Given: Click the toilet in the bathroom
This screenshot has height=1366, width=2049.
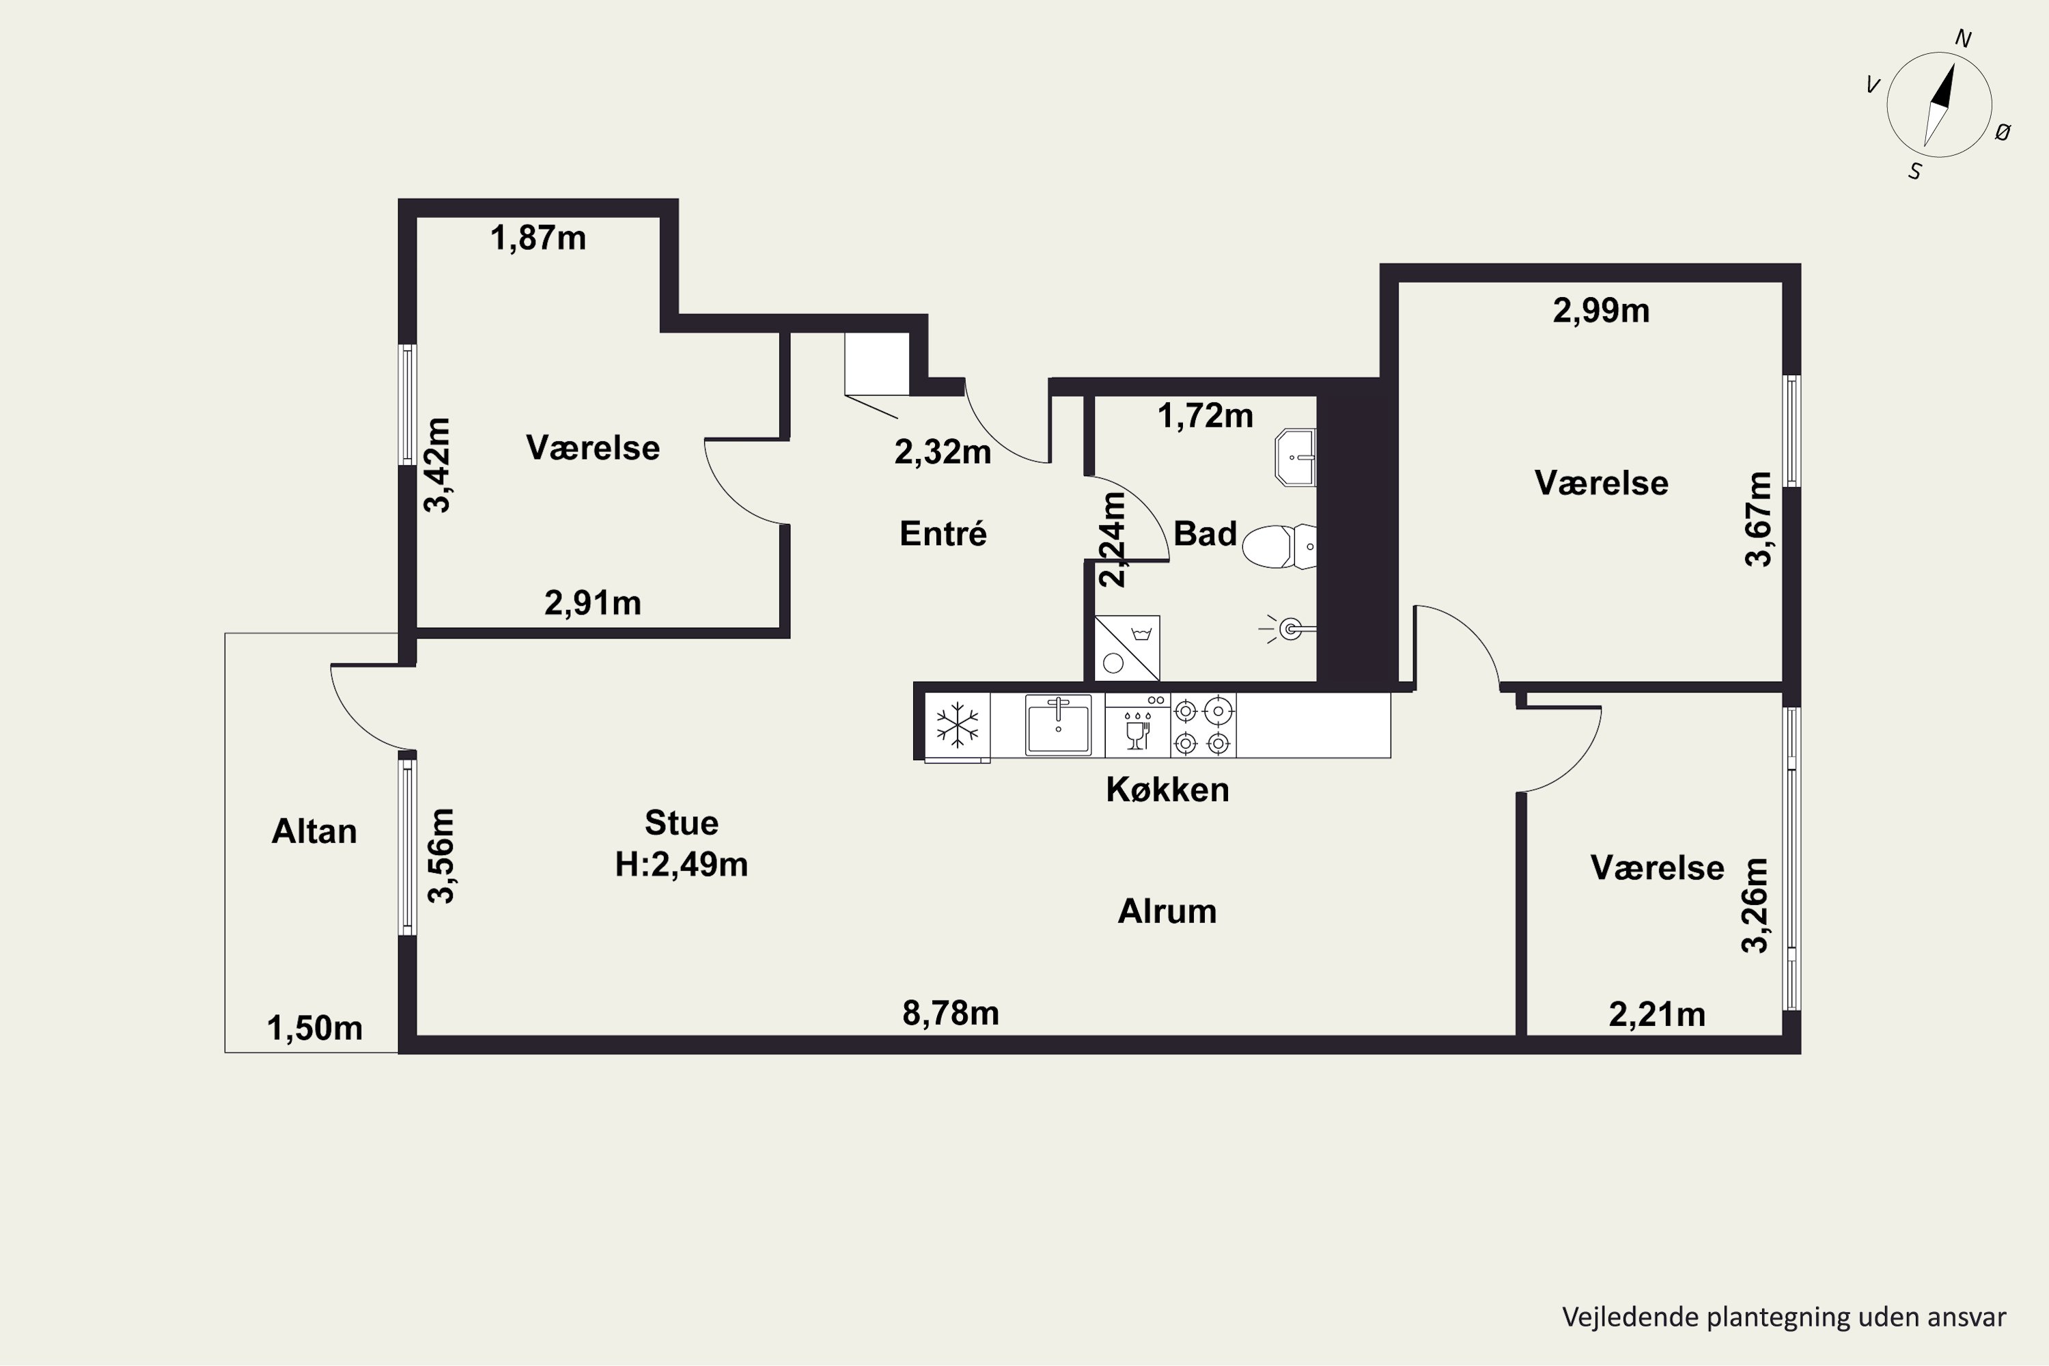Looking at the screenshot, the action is [x=1278, y=546].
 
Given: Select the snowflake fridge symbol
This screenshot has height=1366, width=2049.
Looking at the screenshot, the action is [x=957, y=725].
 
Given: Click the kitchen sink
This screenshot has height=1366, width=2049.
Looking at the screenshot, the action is [x=1059, y=725].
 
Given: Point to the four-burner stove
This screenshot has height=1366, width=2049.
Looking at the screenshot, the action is [x=1203, y=725].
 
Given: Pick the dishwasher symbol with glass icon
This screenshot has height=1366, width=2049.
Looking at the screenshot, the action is [x=1138, y=725].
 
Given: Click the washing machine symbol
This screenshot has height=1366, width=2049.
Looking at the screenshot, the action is [x=1126, y=648].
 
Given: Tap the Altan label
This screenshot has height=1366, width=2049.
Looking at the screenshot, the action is [x=314, y=831].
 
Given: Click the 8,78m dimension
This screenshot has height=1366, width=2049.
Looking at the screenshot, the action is [x=951, y=1013].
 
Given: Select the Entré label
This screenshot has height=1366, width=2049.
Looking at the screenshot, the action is [x=943, y=533].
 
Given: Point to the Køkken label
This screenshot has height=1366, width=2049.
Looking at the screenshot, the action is [x=1167, y=790].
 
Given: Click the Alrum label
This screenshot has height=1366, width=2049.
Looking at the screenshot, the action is [x=1167, y=911].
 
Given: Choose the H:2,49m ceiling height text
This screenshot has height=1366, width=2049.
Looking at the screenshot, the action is [x=681, y=864].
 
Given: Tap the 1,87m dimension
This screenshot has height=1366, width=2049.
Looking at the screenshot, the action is [x=538, y=238].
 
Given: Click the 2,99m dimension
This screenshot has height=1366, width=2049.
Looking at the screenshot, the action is [x=1601, y=311].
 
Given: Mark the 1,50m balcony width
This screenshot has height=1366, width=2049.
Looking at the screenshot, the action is [x=314, y=1029].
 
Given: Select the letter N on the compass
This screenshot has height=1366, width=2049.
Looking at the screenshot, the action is [x=1964, y=38].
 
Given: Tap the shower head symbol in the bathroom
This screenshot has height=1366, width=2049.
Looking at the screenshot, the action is [x=1287, y=627].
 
